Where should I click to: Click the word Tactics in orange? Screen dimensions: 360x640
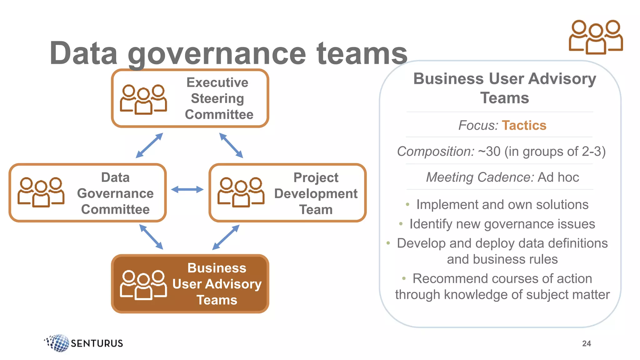click(x=524, y=125)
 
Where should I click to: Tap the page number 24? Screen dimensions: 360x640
click(x=587, y=343)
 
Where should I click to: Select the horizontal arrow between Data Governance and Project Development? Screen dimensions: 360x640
click(x=187, y=189)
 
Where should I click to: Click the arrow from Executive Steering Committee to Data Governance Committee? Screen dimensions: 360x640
click(x=149, y=145)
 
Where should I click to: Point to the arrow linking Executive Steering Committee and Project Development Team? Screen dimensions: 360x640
click(x=231, y=145)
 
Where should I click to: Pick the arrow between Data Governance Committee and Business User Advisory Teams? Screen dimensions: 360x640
click(x=151, y=237)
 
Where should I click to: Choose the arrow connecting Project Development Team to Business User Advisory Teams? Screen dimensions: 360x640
click(x=226, y=237)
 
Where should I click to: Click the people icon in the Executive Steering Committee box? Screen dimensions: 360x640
click(x=143, y=99)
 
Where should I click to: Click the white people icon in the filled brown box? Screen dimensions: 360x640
click(x=143, y=285)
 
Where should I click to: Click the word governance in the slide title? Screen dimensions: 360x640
click(x=217, y=54)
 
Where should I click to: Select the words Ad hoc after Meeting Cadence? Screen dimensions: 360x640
click(x=558, y=177)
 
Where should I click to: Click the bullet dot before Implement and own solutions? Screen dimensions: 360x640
click(x=407, y=205)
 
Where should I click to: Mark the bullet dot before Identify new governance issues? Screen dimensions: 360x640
click(x=401, y=224)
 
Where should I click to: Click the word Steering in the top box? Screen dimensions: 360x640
click(x=217, y=98)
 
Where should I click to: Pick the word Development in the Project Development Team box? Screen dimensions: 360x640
click(x=316, y=194)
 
